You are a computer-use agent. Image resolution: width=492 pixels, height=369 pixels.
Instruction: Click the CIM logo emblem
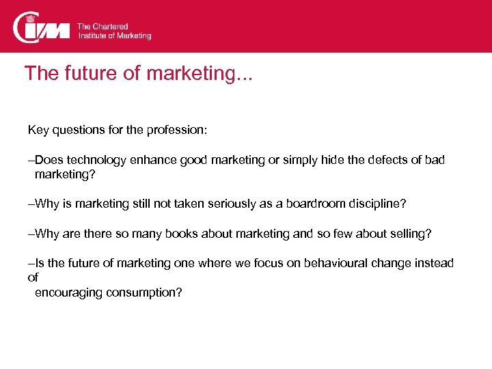point(42,27)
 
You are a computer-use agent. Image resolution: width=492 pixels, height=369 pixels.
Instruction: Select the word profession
point(181,129)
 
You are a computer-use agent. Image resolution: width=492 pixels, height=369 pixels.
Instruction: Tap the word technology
point(94,160)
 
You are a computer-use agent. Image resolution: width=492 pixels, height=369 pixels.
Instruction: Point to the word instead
point(433,264)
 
